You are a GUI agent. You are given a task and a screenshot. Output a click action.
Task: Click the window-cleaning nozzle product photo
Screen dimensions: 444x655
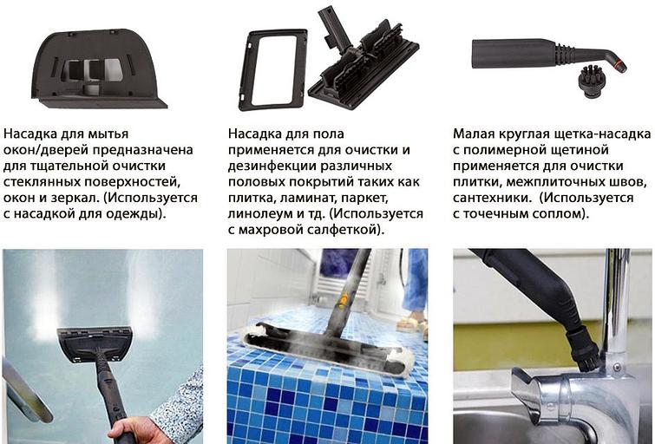tap(99, 69)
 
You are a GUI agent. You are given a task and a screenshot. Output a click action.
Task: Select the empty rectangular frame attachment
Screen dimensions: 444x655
tap(273, 69)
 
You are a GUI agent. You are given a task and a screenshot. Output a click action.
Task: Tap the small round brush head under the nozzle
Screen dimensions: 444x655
tap(592, 81)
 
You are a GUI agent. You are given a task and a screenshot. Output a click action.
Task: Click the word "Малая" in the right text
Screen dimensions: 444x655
tap(475, 134)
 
